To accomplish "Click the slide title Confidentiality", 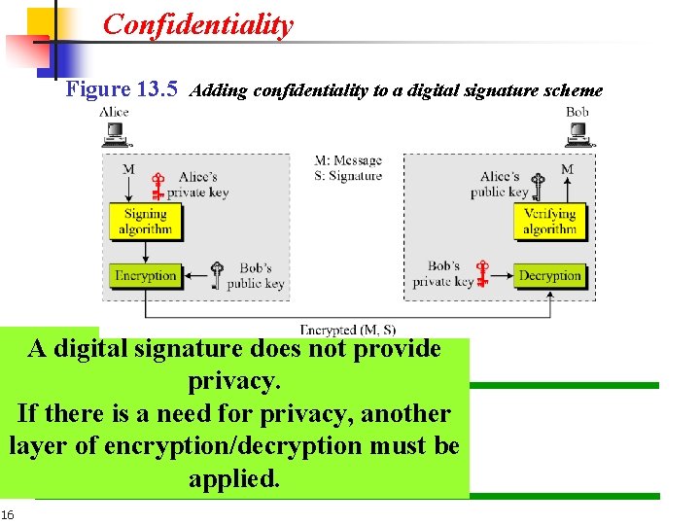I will point(197,24).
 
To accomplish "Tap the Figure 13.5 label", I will point(122,89).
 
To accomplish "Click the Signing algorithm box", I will point(145,222).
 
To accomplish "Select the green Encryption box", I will point(145,276).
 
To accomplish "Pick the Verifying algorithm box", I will point(549,222).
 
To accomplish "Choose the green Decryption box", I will point(550,276).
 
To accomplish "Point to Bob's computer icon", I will point(580,135).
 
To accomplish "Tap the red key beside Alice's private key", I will point(157,186).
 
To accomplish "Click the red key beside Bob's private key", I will point(481,275).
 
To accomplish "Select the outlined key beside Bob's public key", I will point(218,275).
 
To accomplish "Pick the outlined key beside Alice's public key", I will point(541,186).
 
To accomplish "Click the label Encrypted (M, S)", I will point(348,331).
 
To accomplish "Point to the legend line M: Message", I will point(348,160).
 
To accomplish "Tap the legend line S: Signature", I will point(348,176).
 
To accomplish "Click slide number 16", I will point(8,514).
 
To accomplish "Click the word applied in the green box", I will point(233,479).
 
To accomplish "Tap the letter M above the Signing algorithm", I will point(128,169).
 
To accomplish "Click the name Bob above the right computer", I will point(577,112).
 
